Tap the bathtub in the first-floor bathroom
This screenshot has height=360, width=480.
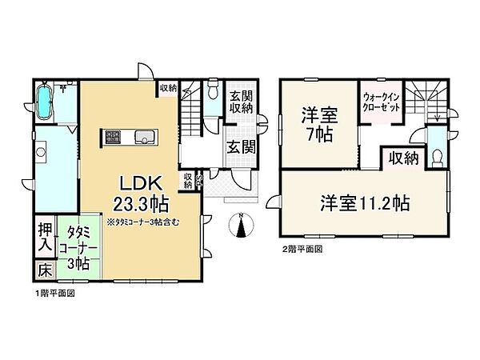click(46, 103)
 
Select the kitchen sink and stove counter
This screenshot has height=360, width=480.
click(129, 137)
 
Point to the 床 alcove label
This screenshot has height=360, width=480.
click(44, 270)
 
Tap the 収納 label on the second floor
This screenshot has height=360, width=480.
click(400, 158)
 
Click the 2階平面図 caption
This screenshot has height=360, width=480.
click(303, 250)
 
